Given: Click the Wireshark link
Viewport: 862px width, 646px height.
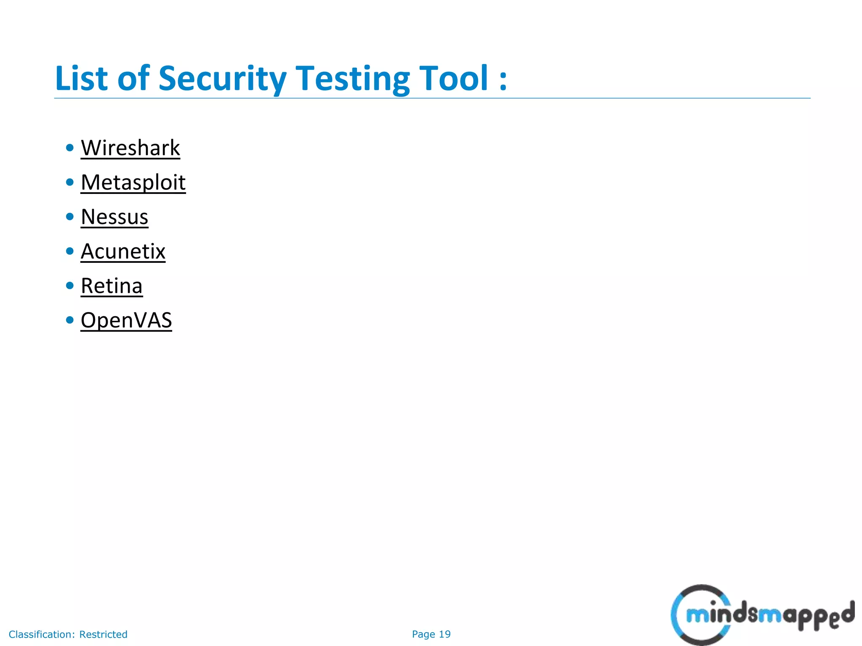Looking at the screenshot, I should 130,148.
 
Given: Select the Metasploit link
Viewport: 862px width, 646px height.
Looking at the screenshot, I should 133,183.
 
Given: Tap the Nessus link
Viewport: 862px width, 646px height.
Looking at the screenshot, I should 114,217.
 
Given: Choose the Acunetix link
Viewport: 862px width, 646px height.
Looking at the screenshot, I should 123,252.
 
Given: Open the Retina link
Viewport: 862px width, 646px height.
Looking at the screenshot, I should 112,286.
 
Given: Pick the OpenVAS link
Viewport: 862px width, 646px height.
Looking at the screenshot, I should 126,320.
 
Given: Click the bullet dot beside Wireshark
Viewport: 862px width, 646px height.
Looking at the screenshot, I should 70,148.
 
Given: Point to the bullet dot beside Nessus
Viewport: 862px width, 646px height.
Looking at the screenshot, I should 70,217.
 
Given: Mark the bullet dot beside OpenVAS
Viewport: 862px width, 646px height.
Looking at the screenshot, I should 70,320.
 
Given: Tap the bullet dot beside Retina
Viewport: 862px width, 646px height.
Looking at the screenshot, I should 70,286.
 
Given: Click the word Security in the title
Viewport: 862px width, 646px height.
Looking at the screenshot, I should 222,79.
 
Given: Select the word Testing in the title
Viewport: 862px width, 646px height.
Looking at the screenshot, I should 353,79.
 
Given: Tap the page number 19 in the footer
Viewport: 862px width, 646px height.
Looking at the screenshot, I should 445,634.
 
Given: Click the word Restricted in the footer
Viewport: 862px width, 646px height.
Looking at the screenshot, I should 103,634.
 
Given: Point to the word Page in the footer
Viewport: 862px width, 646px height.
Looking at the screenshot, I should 424,634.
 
